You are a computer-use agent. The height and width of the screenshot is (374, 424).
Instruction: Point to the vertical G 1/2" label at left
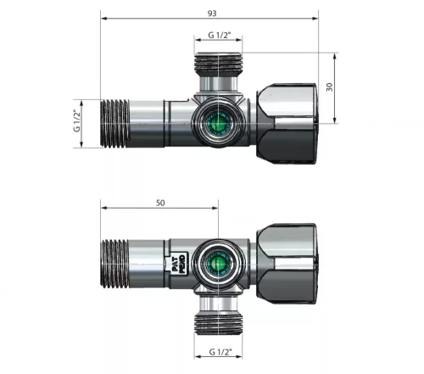(x=76, y=120)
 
